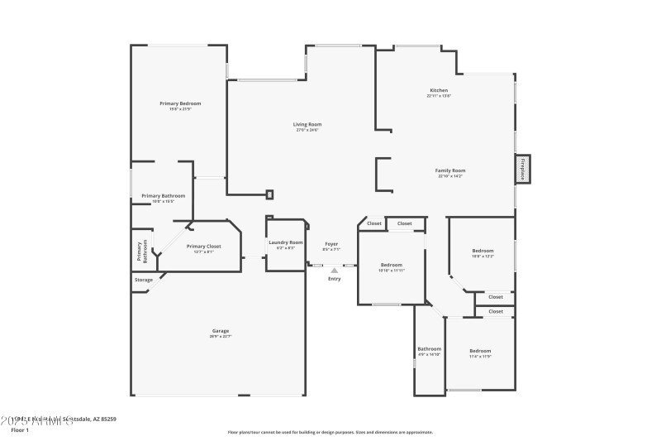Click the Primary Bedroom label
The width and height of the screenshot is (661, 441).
coord(180,103)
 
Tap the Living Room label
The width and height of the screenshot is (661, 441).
coord(307,124)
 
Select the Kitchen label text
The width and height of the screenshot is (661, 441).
coord(438,89)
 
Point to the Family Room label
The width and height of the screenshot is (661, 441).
coord(450,170)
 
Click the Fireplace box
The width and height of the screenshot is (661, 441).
coord(522,169)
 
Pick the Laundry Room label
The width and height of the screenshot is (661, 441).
coord(286,242)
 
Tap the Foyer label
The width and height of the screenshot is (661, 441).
coord(330,243)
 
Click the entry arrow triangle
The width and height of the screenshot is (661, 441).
coord(334,269)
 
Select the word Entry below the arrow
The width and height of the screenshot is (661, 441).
coord(334,279)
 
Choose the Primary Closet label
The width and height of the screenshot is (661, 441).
coord(203,246)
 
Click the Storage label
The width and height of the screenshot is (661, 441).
coord(144,280)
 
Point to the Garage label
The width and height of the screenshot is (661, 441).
coord(221,331)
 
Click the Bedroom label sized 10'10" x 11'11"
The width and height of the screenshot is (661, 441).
coord(391,265)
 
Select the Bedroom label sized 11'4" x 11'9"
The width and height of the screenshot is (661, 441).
coord(480,351)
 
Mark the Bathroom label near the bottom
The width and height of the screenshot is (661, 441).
coord(429,348)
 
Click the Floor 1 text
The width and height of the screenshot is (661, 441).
coord(19,430)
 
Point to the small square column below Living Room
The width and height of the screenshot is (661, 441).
coord(269,195)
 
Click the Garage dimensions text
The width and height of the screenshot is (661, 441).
coord(221,337)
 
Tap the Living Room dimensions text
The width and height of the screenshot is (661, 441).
coord(307,130)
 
